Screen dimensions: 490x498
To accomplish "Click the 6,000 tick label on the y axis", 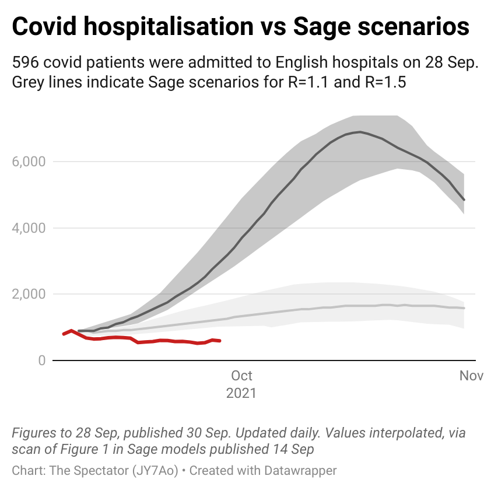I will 29,162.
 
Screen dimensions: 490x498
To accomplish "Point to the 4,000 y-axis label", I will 29,228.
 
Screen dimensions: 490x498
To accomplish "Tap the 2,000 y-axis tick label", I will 29,295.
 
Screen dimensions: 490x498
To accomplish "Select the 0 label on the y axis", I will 41,361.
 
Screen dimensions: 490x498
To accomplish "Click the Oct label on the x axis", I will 241,376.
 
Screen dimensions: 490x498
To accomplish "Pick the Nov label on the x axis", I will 471,376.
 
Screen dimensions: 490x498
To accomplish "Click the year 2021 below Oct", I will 241,393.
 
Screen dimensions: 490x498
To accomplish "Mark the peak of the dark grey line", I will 360,132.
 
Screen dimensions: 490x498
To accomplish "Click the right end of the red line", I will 220,341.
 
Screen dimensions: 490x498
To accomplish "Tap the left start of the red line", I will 64,334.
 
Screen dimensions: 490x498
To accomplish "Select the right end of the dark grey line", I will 464,200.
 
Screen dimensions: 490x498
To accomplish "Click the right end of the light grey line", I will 464,308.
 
